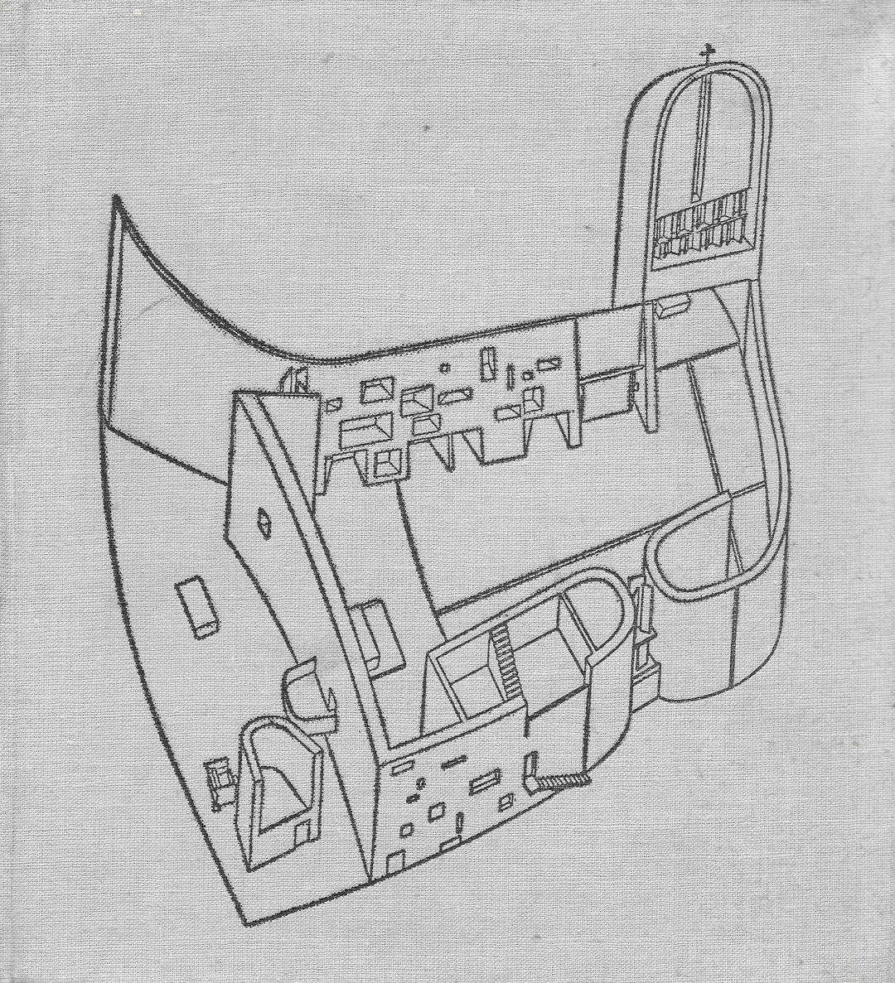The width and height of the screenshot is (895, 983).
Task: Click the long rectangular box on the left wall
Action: [197, 605]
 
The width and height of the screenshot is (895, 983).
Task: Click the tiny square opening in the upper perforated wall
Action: [445, 367]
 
